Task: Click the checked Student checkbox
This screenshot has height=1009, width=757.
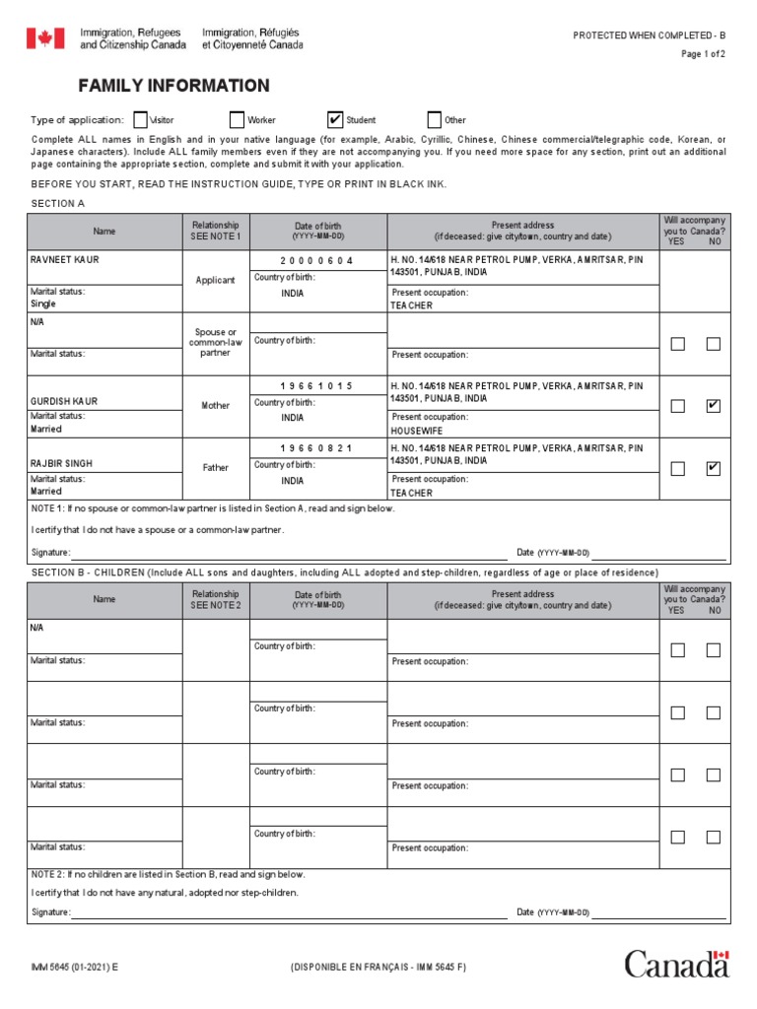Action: coord(336,120)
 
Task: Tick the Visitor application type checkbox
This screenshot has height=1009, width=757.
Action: coord(140,120)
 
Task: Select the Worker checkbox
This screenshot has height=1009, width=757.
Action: coord(237,120)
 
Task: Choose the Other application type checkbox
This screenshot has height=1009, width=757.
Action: coord(435,120)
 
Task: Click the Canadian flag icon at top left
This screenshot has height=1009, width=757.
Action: coord(44,38)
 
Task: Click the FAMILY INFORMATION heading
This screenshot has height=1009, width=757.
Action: coord(173,86)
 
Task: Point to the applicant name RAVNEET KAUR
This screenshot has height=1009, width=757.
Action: coord(65,260)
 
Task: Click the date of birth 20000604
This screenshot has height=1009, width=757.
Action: coord(317,260)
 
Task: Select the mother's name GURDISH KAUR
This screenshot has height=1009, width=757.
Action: coord(65,402)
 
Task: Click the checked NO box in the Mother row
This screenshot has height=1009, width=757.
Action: coord(713,406)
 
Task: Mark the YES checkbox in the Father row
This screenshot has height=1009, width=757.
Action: coord(677,469)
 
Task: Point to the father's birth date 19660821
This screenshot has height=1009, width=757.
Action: coord(317,448)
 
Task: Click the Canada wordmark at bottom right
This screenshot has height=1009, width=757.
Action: coord(676,964)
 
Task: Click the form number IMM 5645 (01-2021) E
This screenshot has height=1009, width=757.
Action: coord(74,968)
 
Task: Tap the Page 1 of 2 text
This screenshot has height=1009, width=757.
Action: coord(703,54)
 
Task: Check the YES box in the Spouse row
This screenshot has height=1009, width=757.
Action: coord(677,344)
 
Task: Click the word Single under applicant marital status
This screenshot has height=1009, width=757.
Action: coord(44,304)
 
